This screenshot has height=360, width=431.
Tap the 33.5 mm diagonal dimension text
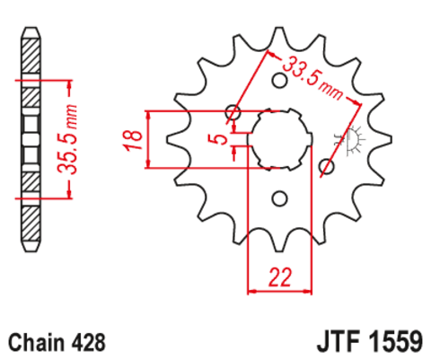(308, 77)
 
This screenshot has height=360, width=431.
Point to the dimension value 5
(215, 138)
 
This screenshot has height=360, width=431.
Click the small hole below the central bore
(279, 197)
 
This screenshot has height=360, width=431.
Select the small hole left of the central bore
(233, 113)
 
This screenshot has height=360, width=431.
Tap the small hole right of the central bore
(327, 166)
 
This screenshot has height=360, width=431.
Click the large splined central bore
(280, 139)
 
